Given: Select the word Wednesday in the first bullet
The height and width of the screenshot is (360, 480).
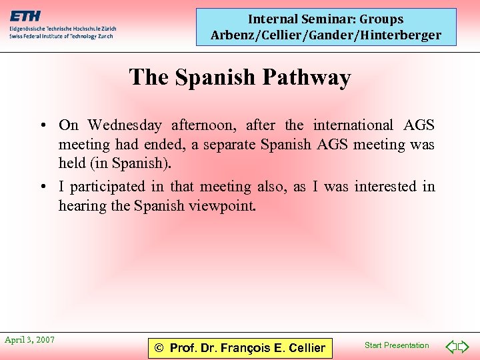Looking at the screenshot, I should click(x=125, y=125).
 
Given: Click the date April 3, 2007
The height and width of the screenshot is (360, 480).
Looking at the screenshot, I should click(x=29, y=340).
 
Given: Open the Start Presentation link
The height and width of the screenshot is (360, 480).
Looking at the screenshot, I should click(x=397, y=345).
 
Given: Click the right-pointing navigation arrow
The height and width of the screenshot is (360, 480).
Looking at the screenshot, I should click(x=464, y=347).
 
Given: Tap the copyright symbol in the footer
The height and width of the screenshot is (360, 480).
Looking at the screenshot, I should click(x=159, y=348).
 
